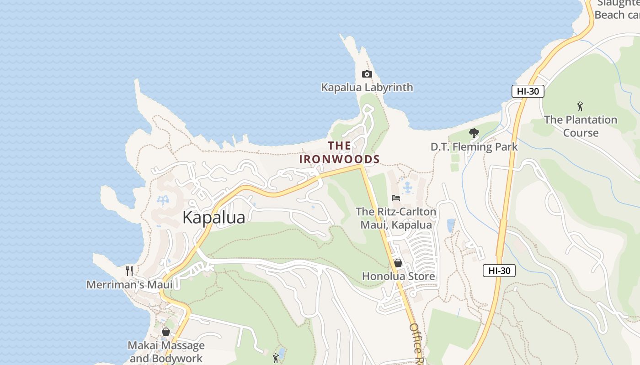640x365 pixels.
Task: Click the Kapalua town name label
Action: click(x=213, y=218)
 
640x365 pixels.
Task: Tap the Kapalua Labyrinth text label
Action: click(x=367, y=87)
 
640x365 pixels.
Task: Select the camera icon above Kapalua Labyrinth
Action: click(x=367, y=74)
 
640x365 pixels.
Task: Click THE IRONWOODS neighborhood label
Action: click(x=340, y=152)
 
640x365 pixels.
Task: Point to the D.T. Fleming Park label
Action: click(x=474, y=146)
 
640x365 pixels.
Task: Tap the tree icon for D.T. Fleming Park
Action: click(x=474, y=134)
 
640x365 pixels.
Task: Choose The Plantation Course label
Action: click(x=581, y=126)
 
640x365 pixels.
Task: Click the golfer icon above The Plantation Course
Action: click(x=580, y=106)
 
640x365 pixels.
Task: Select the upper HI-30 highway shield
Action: click(x=528, y=91)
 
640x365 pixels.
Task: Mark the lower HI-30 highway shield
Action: click(x=499, y=271)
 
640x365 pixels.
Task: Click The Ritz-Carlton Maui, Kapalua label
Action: click(x=396, y=218)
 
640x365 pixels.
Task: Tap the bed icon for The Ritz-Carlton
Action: click(x=396, y=198)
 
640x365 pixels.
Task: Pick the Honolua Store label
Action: click(x=398, y=276)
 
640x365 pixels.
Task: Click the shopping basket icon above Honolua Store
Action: click(x=398, y=263)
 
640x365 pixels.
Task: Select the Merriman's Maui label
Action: click(x=130, y=285)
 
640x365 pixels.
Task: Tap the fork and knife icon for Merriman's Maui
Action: click(x=129, y=271)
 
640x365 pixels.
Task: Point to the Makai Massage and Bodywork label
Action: click(x=166, y=351)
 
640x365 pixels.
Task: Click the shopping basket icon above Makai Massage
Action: click(x=166, y=332)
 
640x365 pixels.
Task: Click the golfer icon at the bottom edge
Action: click(x=275, y=358)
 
